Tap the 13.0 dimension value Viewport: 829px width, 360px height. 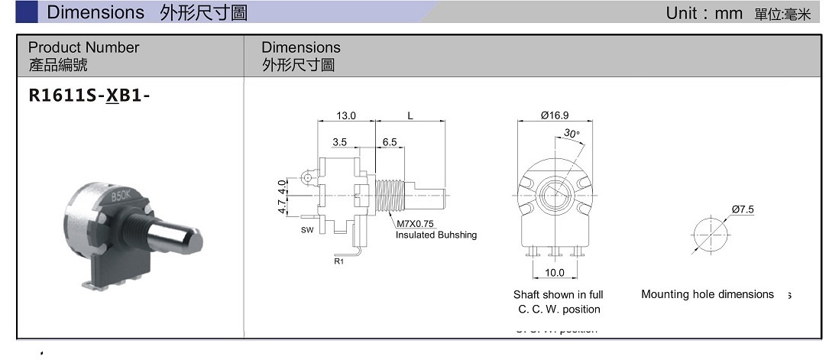click(346, 116)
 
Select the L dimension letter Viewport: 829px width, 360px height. click(410, 116)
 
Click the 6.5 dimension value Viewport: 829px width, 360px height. click(389, 142)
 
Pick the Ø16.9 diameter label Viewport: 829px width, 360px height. click(555, 116)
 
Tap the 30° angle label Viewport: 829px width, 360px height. click(572, 133)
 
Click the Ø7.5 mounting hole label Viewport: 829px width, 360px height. click(743, 209)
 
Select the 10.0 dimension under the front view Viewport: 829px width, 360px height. click(555, 272)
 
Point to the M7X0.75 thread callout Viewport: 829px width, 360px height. click(415, 224)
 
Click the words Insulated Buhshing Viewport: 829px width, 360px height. click(436, 235)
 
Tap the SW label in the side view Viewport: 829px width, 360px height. click(306, 229)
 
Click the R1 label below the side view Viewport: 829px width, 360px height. click(338, 261)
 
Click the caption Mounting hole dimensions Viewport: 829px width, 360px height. click(707, 294)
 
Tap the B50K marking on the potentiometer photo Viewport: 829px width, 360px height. click(121, 196)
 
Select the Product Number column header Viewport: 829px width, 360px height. click(83, 47)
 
